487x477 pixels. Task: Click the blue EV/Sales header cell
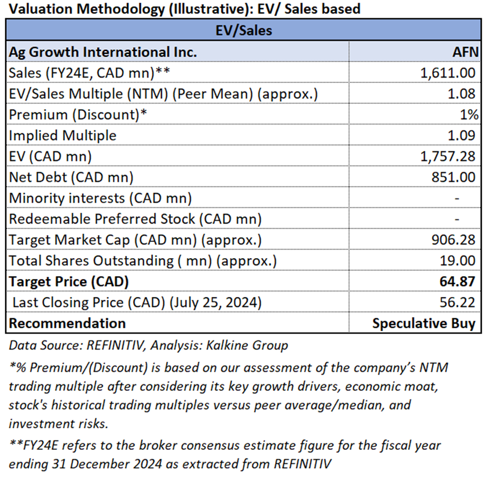click(x=243, y=31)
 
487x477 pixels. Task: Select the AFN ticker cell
click(x=466, y=52)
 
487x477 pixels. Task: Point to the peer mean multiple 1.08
click(x=466, y=93)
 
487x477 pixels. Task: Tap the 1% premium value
click(x=470, y=114)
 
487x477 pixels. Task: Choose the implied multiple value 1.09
click(x=466, y=135)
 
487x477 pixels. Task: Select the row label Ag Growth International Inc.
click(x=103, y=52)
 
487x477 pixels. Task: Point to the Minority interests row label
click(x=100, y=197)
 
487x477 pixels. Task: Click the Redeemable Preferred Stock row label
click(x=135, y=218)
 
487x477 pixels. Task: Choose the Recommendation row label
click(x=67, y=323)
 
